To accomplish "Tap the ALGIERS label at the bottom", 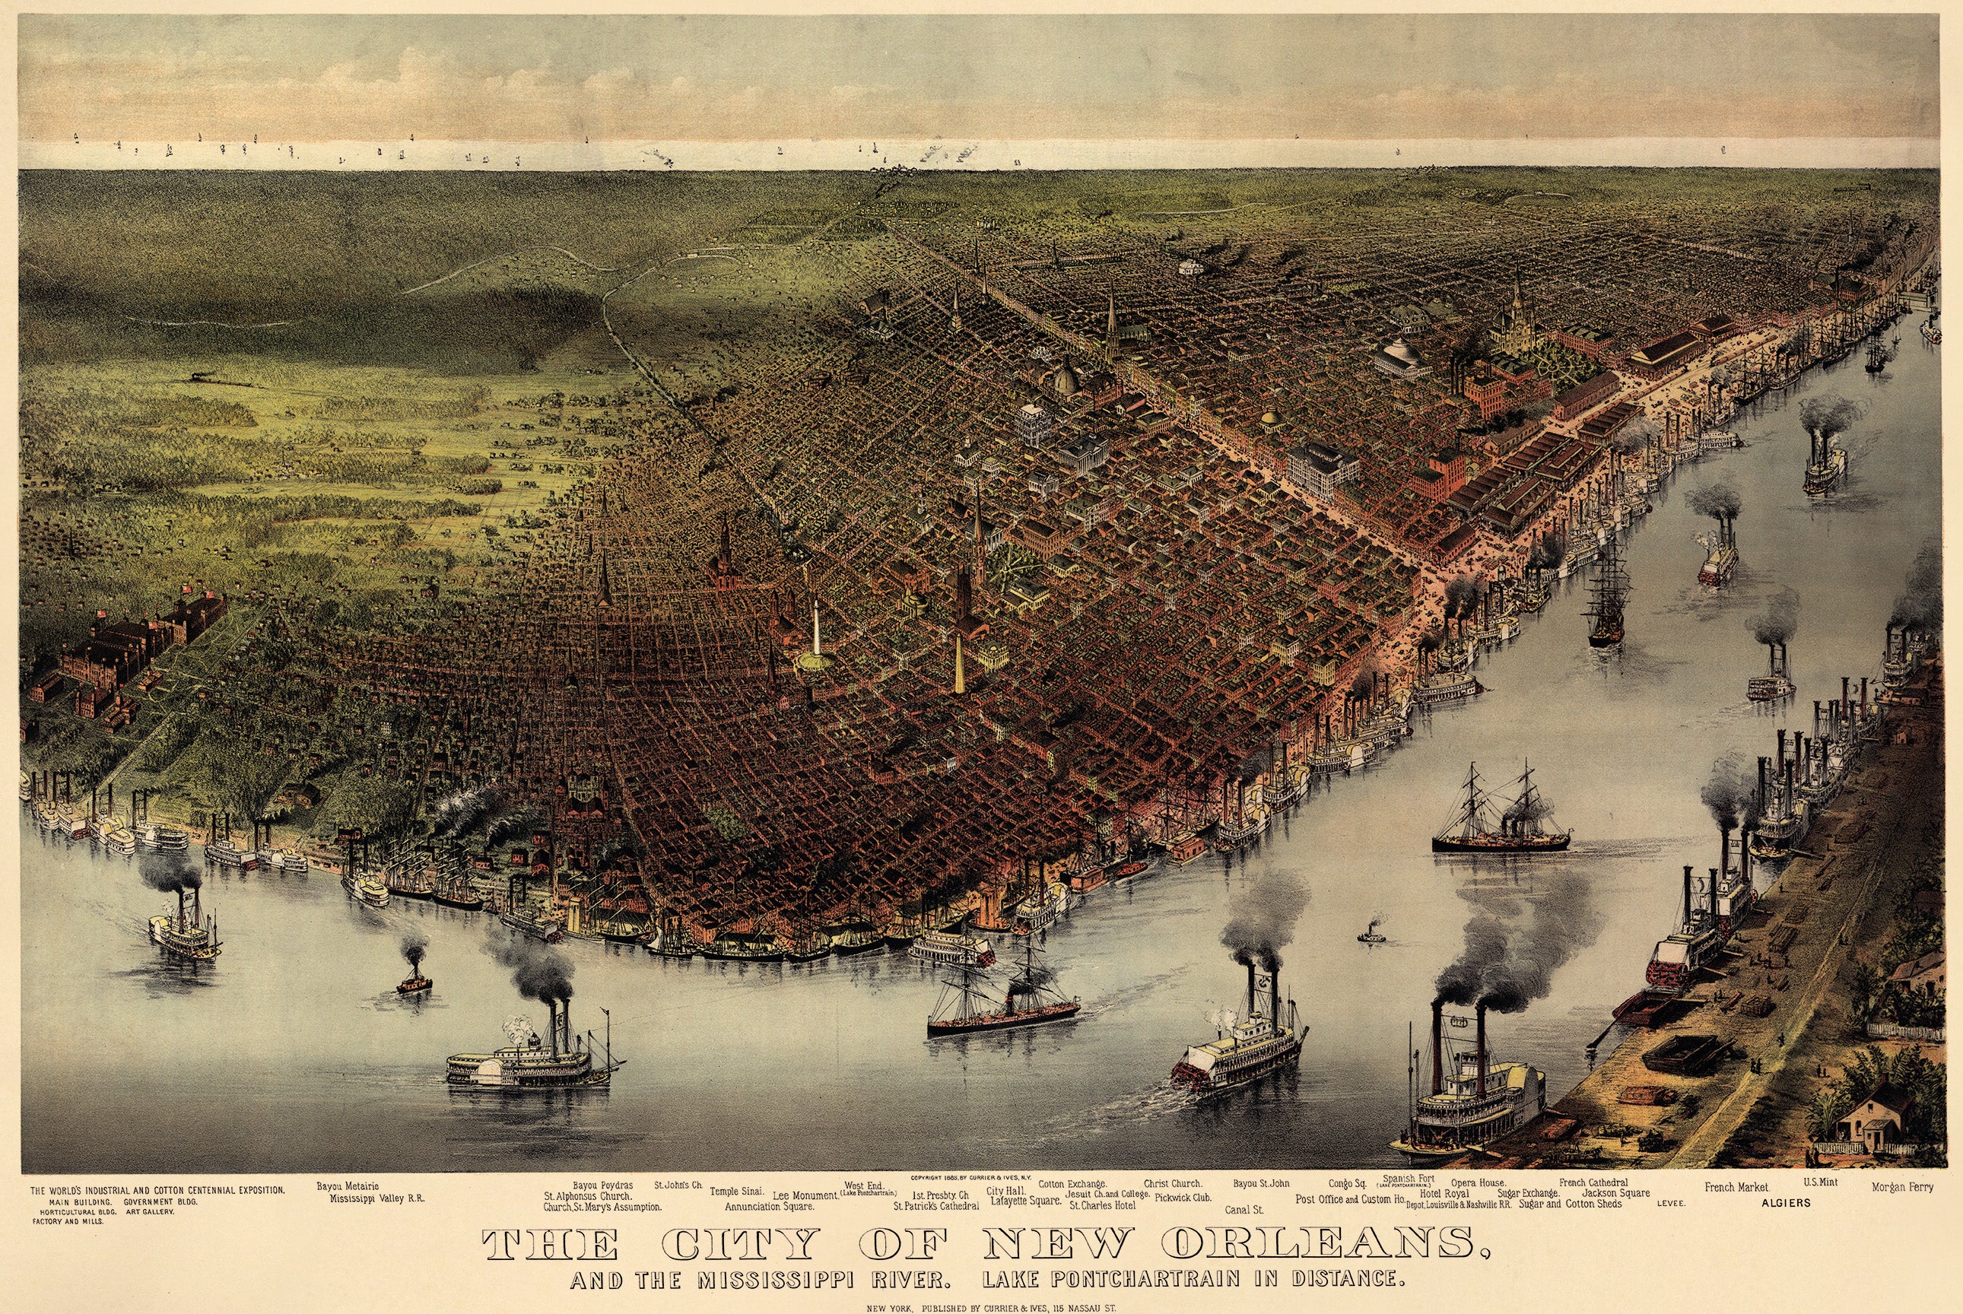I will pyautogui.click(x=1786, y=1202).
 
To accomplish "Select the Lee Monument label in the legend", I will pyautogui.click(x=805, y=1196).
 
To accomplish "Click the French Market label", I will pyautogui.click(x=1736, y=1188).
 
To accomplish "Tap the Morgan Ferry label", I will pyautogui.click(x=1902, y=1188).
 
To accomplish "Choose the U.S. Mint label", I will pyautogui.click(x=1820, y=1182).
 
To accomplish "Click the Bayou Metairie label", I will pyautogui.click(x=347, y=1186).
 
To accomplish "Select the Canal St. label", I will pyautogui.click(x=1243, y=1210).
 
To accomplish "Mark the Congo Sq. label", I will pyautogui.click(x=1347, y=1184).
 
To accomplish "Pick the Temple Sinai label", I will pyautogui.click(x=736, y=1191).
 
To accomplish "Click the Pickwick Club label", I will pyautogui.click(x=1183, y=1198).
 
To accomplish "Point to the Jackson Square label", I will pyautogui.click(x=1615, y=1192).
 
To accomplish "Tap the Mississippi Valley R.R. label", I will pyautogui.click(x=377, y=1198).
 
